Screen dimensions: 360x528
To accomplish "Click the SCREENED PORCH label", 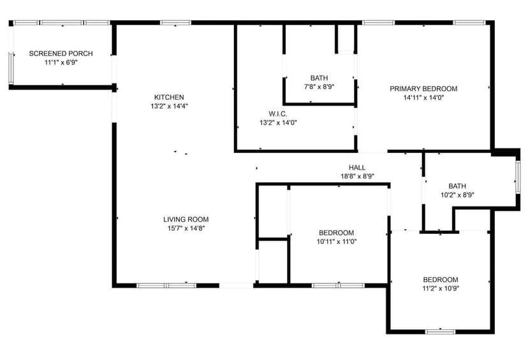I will [x=61, y=53].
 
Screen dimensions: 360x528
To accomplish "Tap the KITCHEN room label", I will [x=169, y=97].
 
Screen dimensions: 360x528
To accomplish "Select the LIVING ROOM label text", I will [x=186, y=219].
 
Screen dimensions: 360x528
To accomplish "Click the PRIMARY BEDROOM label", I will [x=423, y=89].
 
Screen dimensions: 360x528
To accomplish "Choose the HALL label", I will [x=357, y=168].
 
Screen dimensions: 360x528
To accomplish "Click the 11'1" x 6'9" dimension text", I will [x=61, y=62].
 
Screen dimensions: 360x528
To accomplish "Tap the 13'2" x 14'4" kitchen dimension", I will [x=169, y=106].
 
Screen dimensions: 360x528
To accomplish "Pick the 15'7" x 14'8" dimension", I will [x=186, y=228].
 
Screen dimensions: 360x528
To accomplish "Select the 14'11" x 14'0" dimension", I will [x=423, y=98].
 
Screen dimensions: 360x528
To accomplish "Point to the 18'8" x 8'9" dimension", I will [x=357, y=176].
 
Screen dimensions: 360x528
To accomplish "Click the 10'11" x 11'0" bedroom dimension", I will [x=336, y=242].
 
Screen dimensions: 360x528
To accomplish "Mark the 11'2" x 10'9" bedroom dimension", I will [x=441, y=289].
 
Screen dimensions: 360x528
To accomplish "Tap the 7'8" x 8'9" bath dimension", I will [x=319, y=87].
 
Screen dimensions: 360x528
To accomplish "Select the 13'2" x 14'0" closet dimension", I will [x=277, y=122].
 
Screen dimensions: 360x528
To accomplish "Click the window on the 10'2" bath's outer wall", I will [x=518, y=177].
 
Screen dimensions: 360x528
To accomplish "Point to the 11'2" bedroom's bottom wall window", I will [x=441, y=331].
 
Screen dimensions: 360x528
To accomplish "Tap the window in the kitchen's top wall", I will [x=175, y=23].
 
